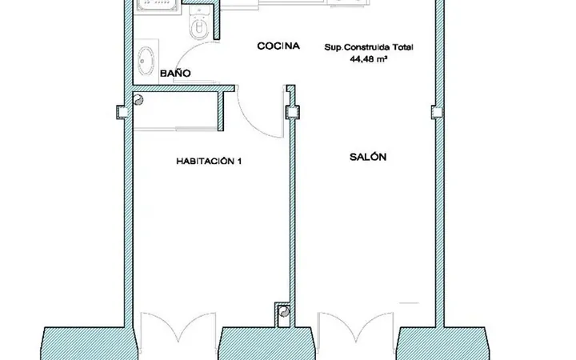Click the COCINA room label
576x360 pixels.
[x=278, y=46]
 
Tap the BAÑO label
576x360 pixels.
[x=175, y=73]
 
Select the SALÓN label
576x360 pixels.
[x=368, y=157]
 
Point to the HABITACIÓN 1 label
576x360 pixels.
[x=209, y=161]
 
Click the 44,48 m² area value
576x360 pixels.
[x=369, y=58]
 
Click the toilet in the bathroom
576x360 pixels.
[x=198, y=22]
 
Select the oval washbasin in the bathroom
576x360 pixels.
[x=146, y=61]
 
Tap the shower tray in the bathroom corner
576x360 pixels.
[x=158, y=6]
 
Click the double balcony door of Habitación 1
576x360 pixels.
[x=178, y=327]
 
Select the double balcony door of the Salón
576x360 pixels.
[x=355, y=327]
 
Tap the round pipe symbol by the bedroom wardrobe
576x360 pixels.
[x=138, y=100]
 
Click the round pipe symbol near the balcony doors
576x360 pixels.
[x=284, y=312]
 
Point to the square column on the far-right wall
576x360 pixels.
[x=437, y=112]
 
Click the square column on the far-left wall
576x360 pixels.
[x=122, y=112]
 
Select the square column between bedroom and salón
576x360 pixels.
[x=293, y=112]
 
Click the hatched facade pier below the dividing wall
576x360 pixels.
[x=266, y=343]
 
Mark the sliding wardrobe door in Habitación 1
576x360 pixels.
[x=176, y=129]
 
